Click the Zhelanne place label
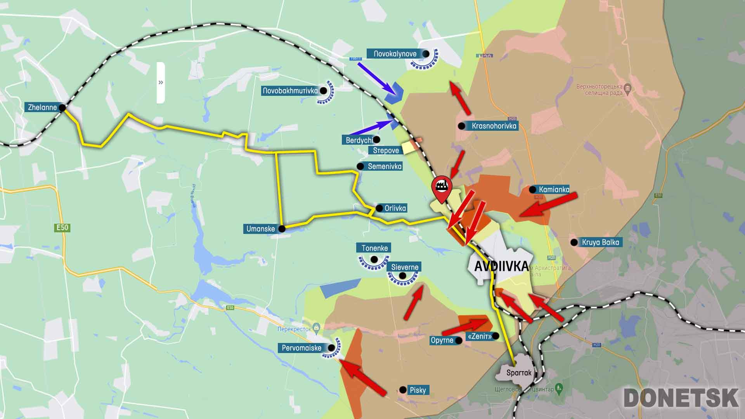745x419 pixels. coord(42,107)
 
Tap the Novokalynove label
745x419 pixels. coord(395,54)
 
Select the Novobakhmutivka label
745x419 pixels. coord(290,91)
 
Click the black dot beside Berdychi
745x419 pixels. coord(376,140)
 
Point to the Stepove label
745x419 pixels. coord(386,151)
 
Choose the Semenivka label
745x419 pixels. coord(385,166)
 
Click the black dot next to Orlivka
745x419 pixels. coord(379,208)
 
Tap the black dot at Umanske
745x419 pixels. coord(282,229)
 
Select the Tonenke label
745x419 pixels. coord(374,248)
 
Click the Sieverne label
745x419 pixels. coord(405,267)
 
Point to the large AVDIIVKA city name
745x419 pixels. coord(501,266)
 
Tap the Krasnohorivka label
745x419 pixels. coord(494,126)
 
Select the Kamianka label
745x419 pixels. coord(554,189)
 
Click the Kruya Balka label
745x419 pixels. coord(600,242)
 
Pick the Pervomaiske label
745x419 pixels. coord(301,348)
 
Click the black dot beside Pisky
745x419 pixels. coord(403,390)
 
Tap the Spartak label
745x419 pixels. coord(519,373)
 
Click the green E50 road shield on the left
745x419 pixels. coord(62,228)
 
